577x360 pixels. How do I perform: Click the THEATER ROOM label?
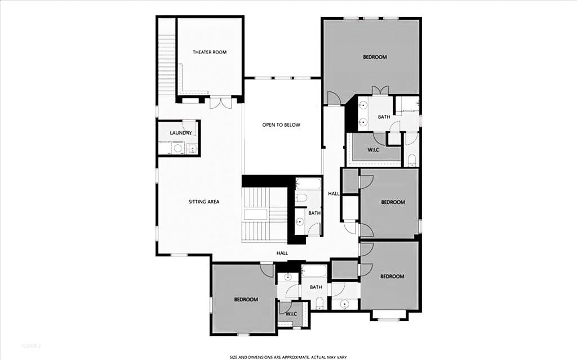[210, 52]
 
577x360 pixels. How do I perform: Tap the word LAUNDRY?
[181, 133]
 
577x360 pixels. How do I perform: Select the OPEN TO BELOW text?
[281, 125]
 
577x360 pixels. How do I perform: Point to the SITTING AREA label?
[203, 201]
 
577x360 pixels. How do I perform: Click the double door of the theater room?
[220, 103]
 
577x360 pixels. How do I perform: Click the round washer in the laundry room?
[178, 149]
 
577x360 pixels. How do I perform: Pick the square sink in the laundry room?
[192, 149]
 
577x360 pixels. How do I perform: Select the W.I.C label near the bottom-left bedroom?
[291, 313]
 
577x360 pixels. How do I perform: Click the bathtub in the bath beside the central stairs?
[308, 184]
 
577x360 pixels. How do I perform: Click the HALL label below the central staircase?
[282, 253]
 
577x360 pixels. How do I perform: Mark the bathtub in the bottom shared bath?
[314, 272]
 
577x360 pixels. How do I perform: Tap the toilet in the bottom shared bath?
[319, 304]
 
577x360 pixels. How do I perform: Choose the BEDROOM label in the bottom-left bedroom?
[246, 299]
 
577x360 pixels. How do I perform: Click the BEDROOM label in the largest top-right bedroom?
[375, 57]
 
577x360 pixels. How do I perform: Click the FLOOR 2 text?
[32, 345]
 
